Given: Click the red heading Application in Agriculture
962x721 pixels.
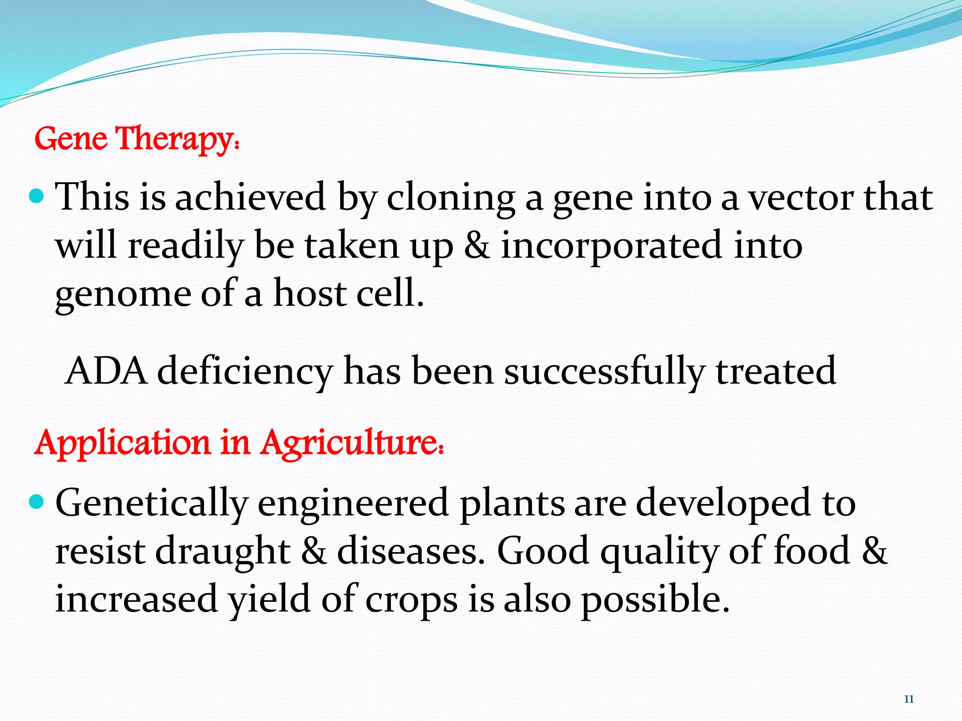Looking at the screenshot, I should click(239, 443).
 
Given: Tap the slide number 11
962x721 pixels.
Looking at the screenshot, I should click(908, 699).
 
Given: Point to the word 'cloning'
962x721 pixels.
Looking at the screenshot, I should click(450, 198).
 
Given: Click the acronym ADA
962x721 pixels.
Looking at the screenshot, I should click(106, 371).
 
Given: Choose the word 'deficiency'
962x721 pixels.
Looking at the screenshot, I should click(244, 371).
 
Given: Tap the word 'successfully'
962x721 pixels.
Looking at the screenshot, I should click(604, 371).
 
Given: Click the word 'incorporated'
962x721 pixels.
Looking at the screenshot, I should click(611, 246).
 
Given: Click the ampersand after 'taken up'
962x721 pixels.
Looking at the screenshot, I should click(477, 246).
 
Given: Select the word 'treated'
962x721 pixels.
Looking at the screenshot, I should click(776, 371).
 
